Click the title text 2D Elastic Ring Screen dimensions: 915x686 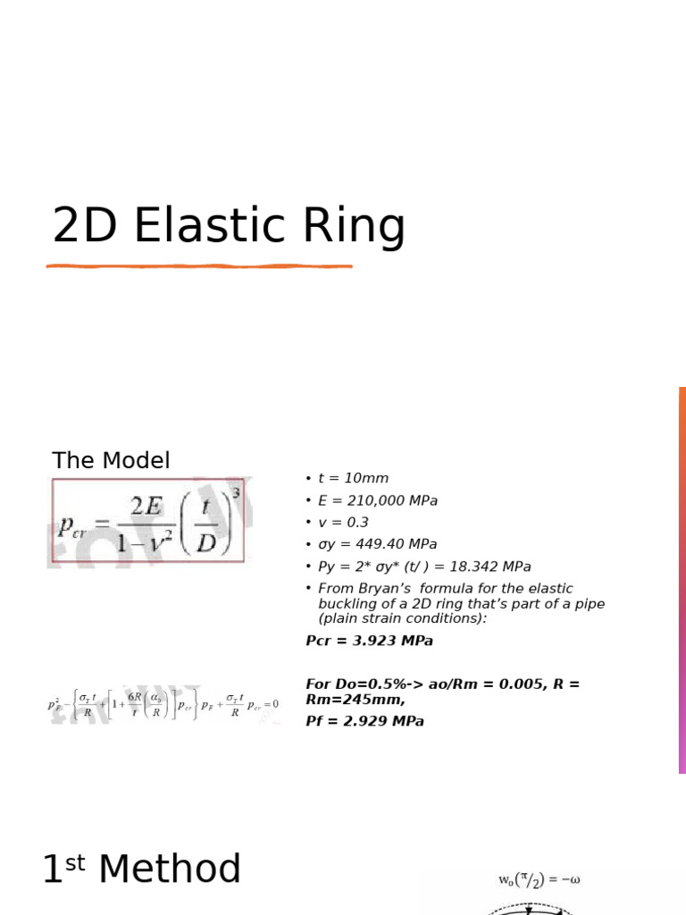click(x=229, y=225)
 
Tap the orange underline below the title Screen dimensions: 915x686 click(x=199, y=265)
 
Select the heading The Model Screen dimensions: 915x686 click(x=111, y=460)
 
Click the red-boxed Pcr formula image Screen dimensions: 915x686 click(x=147, y=521)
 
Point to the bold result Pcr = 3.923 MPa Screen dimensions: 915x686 click(x=369, y=641)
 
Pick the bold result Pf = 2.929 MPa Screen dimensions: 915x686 click(x=364, y=721)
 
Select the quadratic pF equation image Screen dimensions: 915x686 click(x=163, y=704)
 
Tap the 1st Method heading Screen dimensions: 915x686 click(x=142, y=869)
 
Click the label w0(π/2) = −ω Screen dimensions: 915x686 click(x=539, y=880)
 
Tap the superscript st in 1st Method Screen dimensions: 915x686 click(x=79, y=860)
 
